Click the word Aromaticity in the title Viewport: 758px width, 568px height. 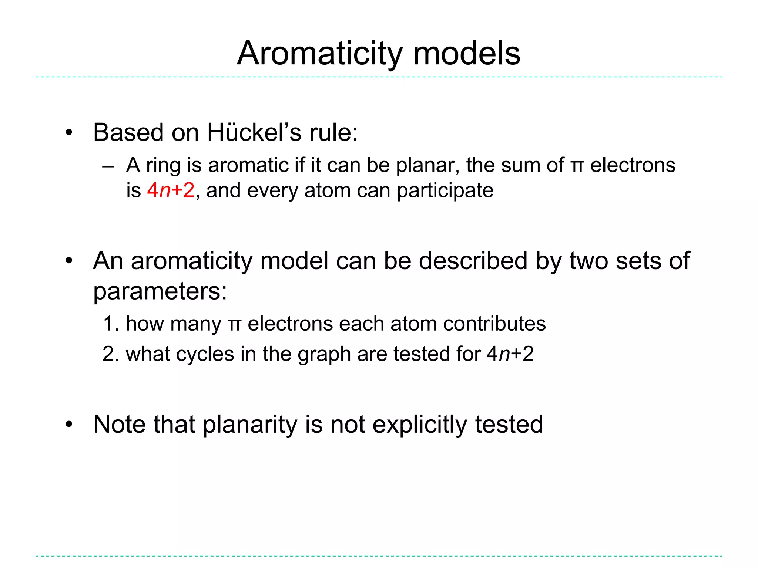319,54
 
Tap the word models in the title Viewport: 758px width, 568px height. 467,54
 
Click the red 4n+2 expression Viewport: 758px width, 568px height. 171,190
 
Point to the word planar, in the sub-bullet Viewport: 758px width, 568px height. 428,165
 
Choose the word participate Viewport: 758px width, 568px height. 445,191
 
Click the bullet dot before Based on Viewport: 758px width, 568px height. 69,133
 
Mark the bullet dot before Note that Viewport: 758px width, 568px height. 69,425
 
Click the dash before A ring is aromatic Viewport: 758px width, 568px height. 108,166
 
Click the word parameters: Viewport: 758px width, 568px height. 160,291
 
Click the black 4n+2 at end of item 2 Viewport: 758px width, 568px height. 510,354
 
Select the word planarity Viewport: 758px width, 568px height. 250,425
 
